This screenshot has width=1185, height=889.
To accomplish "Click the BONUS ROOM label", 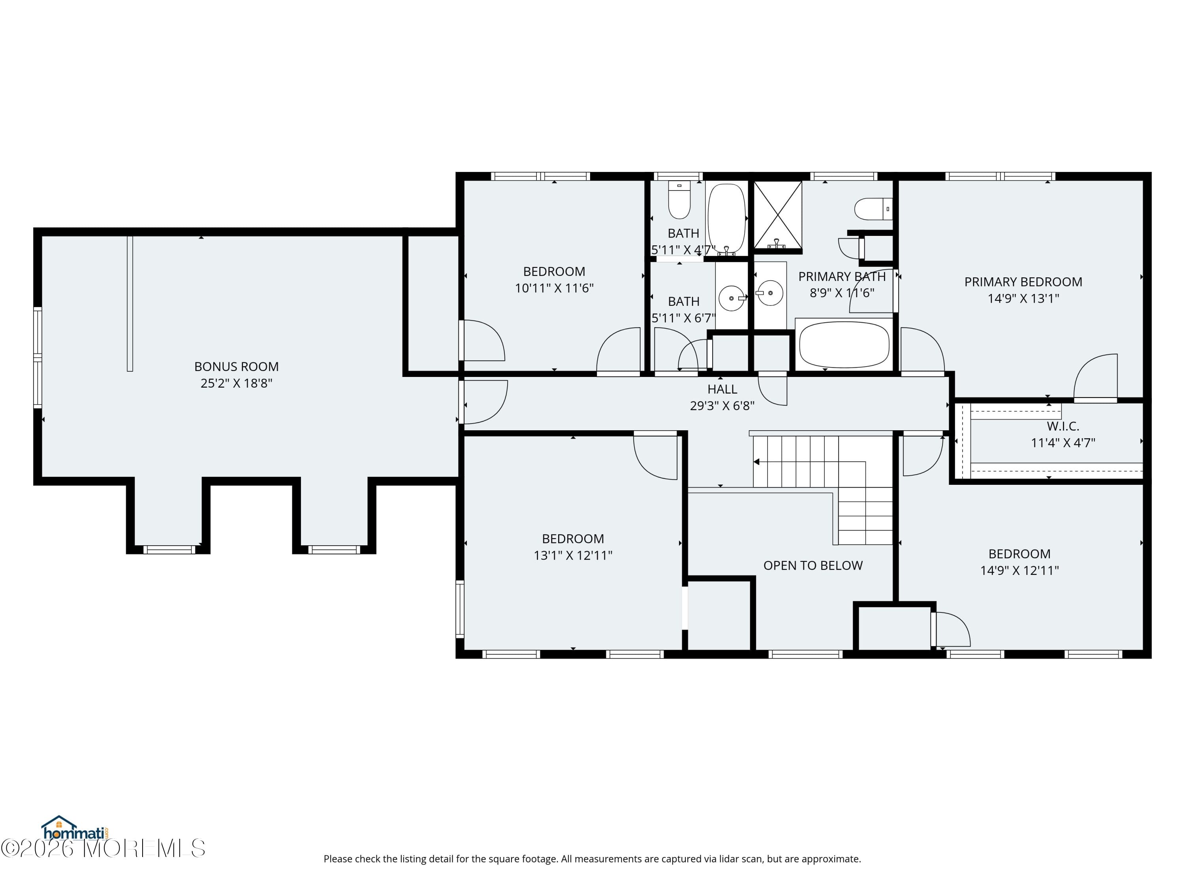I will click(x=236, y=367).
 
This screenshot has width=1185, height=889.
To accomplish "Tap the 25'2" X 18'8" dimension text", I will click(x=236, y=383).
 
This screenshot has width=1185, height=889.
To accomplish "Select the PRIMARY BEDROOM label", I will click(x=1023, y=282).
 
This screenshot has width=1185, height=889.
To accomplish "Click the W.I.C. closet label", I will click(x=1063, y=427).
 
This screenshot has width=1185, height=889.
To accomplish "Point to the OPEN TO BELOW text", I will click(x=813, y=565).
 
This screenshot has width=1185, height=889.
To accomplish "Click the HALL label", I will click(x=722, y=390).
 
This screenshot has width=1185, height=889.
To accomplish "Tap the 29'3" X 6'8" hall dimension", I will click(x=722, y=406).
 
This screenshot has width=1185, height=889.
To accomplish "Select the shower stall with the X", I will click(x=778, y=214).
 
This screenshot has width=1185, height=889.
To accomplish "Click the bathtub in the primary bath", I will click(x=844, y=345).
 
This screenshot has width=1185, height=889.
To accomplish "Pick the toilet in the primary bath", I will click(x=872, y=209).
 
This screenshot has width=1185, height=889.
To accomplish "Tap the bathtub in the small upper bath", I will click(x=726, y=218).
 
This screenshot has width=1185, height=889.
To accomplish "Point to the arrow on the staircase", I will click(x=756, y=462).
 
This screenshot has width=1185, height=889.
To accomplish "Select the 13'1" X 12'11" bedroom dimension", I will click(x=573, y=556).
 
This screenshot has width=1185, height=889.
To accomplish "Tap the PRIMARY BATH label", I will click(x=842, y=277).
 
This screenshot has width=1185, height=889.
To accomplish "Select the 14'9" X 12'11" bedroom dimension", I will click(x=1019, y=571).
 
